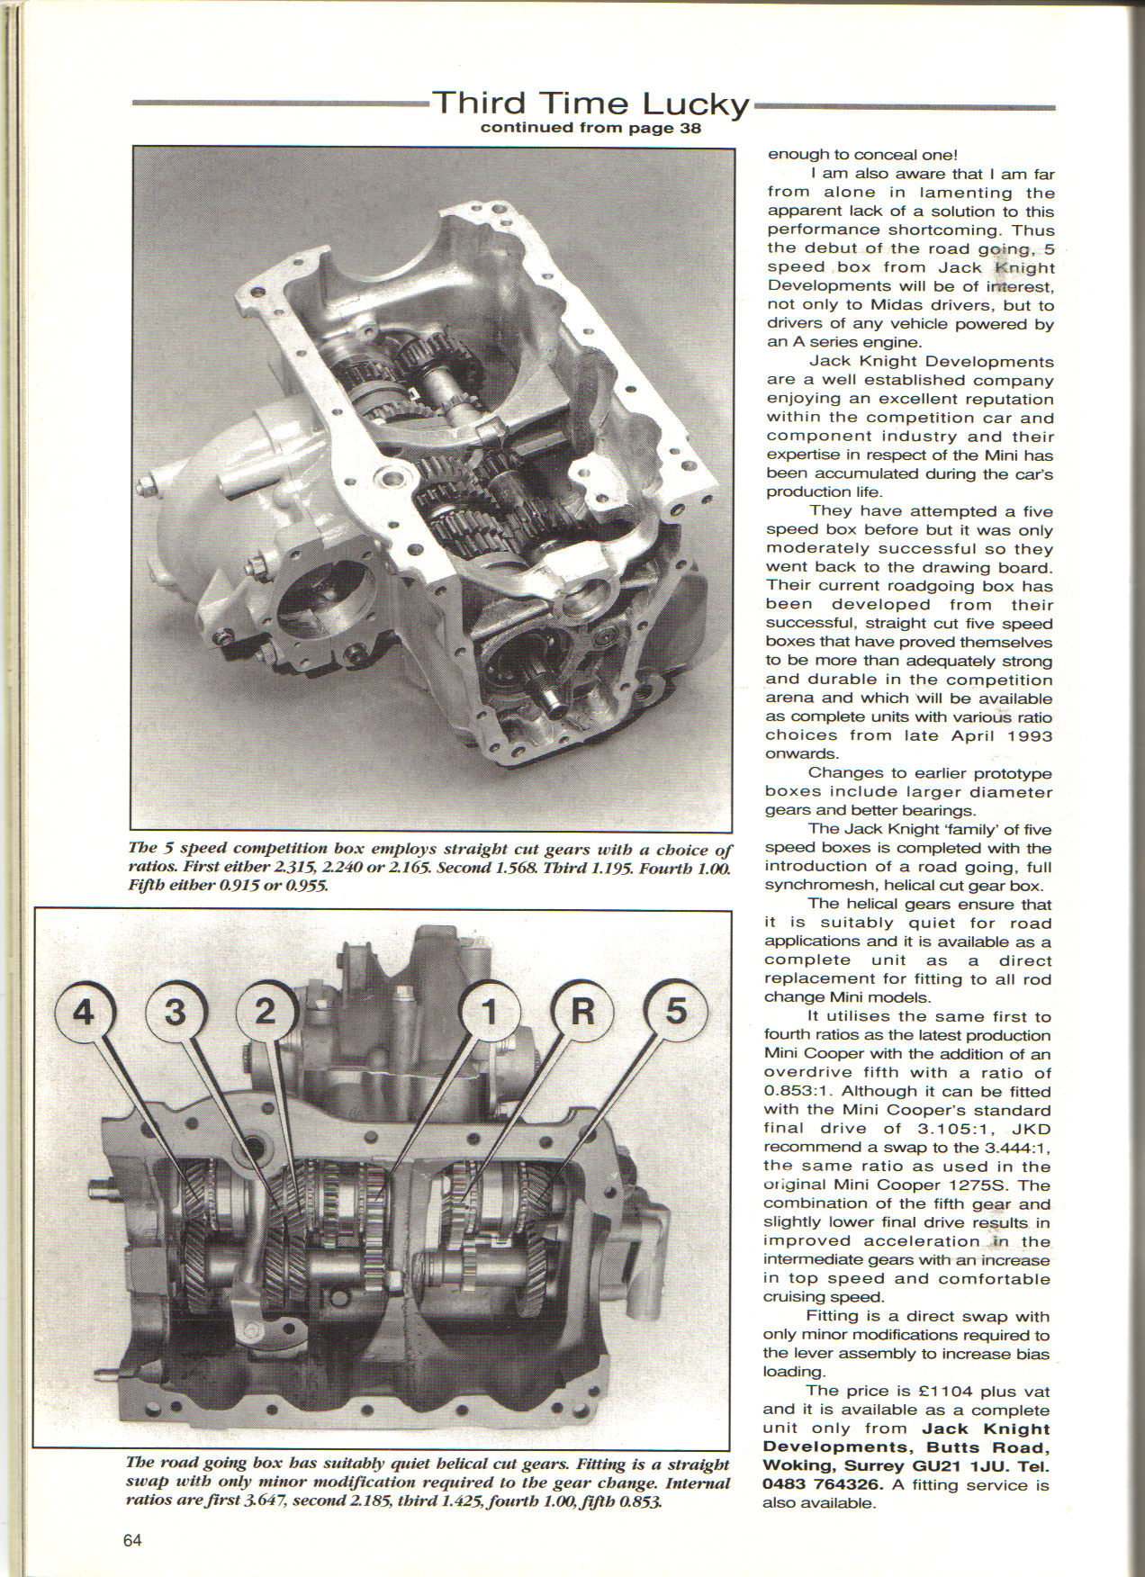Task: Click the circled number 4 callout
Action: coord(83,1013)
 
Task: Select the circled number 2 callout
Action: coord(265,1013)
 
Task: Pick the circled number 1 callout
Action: coord(487,1013)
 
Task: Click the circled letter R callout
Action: coord(582,1013)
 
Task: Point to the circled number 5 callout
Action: coord(674,1013)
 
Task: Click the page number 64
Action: coord(132,1540)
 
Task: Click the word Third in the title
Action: coord(478,104)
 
